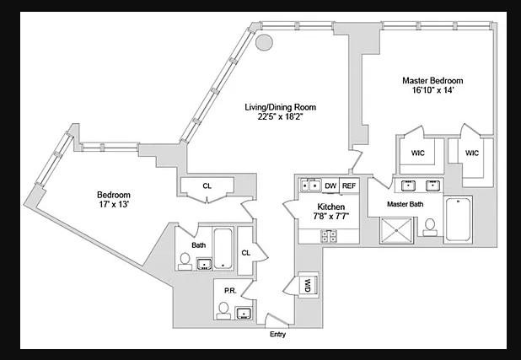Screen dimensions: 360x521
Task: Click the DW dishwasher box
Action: [x=330, y=185]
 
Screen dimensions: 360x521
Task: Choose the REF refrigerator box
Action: [x=350, y=185]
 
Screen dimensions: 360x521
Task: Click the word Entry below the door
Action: [x=277, y=335]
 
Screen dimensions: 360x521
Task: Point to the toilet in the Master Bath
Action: [x=429, y=228]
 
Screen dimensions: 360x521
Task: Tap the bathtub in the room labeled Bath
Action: [x=223, y=250]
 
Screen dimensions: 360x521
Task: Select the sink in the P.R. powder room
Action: [x=244, y=314]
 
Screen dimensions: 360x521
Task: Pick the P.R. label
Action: [x=228, y=290]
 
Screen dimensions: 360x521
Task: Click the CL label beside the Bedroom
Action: [x=207, y=186]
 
